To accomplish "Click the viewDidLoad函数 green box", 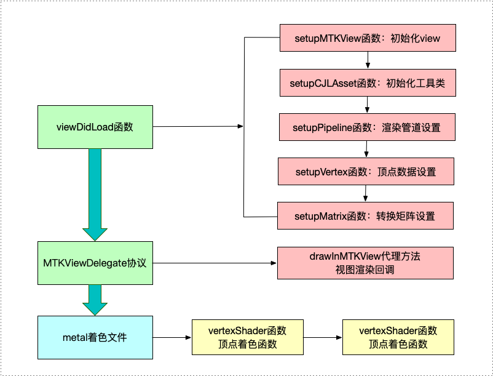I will coord(95,127).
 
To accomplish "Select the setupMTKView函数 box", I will coord(368,38).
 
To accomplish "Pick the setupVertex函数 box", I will coord(366,172).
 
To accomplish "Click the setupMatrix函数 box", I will coord(365,216).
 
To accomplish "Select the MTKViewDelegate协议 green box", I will coord(95,263).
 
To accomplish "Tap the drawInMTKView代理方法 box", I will coord(365,263).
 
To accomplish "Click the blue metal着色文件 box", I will coord(95,337).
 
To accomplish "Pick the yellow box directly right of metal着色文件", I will coord(248,337).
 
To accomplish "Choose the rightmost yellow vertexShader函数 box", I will coord(398,337).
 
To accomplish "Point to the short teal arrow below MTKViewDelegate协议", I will coord(95,300).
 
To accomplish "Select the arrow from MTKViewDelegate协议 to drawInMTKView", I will coord(215,263).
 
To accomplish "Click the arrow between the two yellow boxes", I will coord(323,337).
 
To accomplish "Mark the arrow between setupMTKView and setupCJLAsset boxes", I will coord(368,60).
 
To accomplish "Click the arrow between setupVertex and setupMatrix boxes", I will coord(365,194).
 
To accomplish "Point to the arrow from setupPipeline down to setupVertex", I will coord(366,150).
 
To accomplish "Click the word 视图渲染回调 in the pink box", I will coord(365,270).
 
